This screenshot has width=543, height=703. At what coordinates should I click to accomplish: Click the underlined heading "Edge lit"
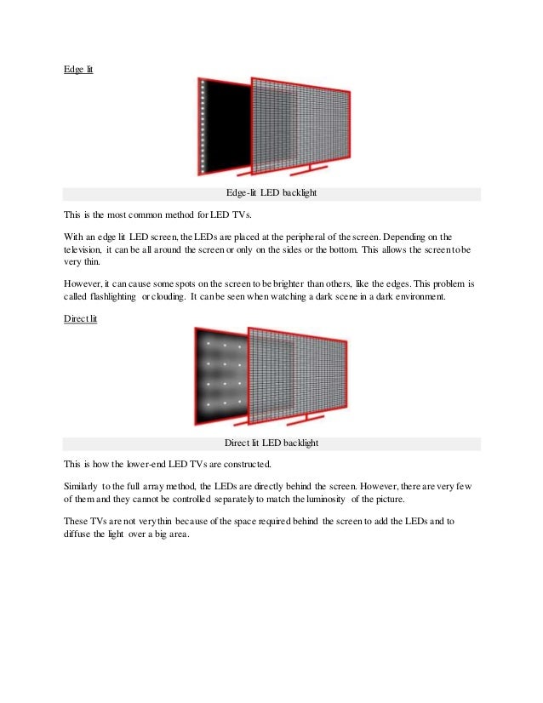[x=78, y=69]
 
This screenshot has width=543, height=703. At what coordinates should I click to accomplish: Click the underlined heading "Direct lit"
[x=82, y=317]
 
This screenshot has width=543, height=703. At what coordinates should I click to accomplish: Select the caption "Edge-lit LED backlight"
[x=271, y=194]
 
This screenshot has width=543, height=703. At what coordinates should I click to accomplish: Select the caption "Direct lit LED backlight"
[x=271, y=443]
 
